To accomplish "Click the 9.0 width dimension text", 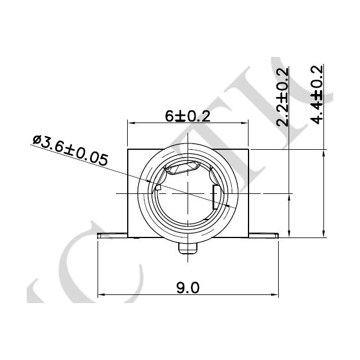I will point(187,287).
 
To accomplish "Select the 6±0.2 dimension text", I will point(187,116).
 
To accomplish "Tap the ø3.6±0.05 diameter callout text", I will point(70,150).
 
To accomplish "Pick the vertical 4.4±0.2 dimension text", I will point(318,95).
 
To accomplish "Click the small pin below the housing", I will point(188,248).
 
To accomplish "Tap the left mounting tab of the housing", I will point(112,235).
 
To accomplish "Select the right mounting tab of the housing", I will point(264,235).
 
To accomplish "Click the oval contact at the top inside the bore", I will point(183,168).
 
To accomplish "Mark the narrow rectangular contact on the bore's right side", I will point(215,197).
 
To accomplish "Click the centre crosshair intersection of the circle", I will point(187,193).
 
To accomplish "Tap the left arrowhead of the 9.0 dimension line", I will point(100,295).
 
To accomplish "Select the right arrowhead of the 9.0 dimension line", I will point(275,295).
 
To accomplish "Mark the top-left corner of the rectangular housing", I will point(127,149).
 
